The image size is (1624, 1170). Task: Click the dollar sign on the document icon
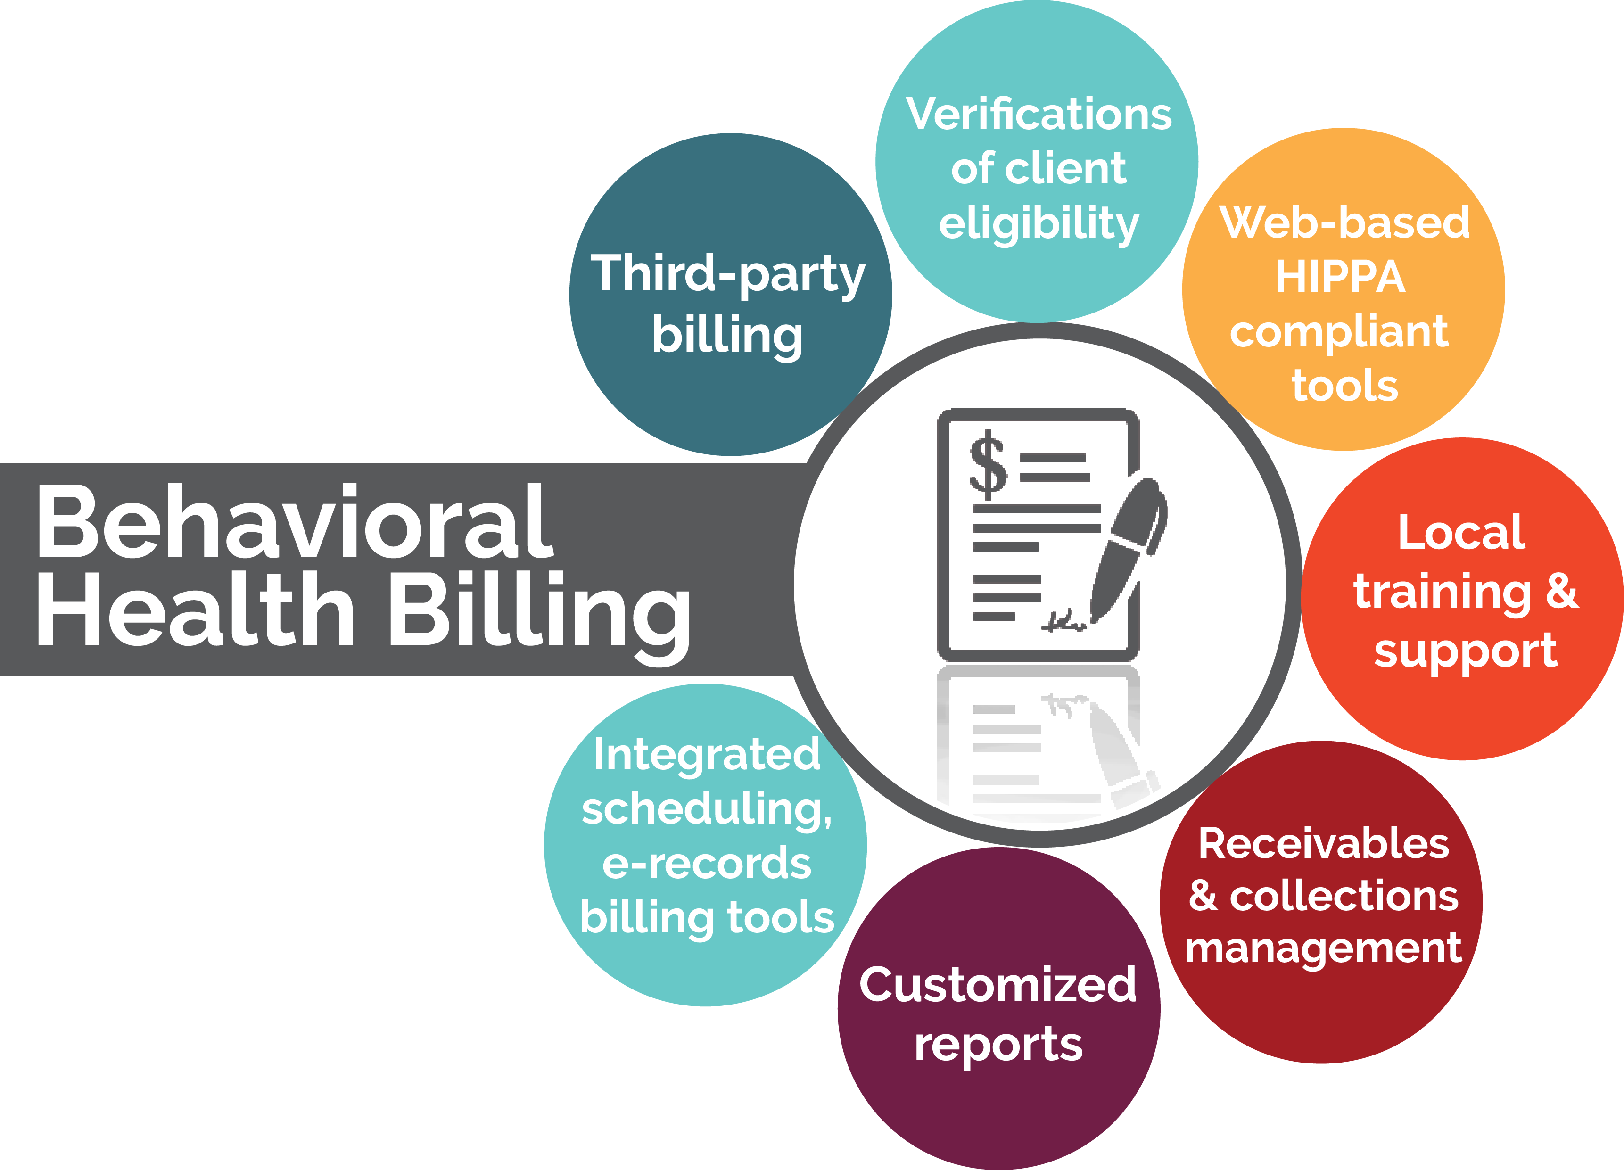pos(988,464)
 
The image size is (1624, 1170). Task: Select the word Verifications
pos(1038,115)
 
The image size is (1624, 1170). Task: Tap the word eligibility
pos(1038,224)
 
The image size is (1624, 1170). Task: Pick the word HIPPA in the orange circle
pos(1340,277)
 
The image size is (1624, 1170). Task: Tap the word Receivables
pos(1323,843)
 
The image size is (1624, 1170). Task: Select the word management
pos(1323,949)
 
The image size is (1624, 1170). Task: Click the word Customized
pos(997,985)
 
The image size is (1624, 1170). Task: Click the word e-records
pos(707,864)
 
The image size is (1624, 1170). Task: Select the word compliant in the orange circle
pos(1339,331)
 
